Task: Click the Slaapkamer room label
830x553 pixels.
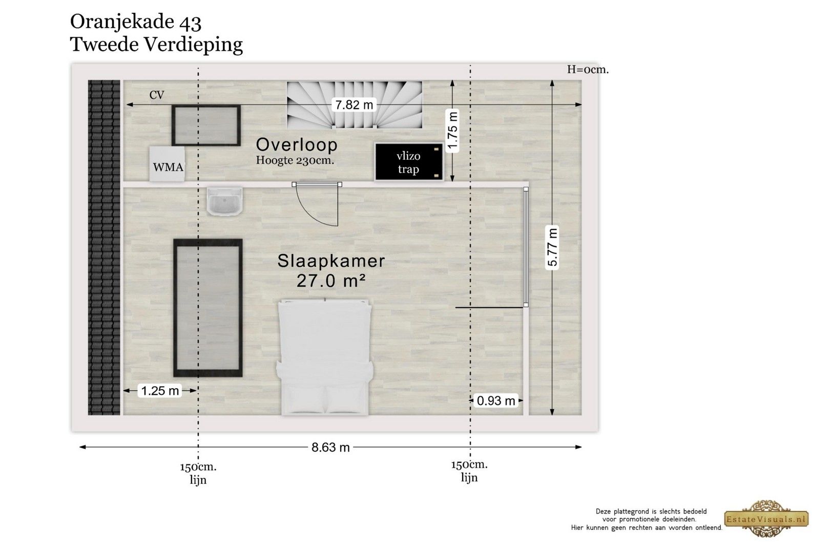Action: tap(331, 261)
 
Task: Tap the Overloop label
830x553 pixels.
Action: tap(297, 144)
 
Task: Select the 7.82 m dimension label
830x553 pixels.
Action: tap(354, 105)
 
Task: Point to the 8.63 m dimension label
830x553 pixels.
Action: tap(330, 448)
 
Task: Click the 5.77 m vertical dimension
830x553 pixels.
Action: tap(552, 246)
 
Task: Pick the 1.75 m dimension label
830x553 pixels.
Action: tap(452, 131)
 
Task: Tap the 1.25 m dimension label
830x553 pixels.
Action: tap(160, 391)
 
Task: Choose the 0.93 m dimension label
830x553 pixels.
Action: tap(496, 401)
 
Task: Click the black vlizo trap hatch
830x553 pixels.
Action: tap(409, 162)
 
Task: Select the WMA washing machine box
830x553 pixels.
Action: tap(167, 164)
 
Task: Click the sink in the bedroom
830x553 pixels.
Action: tap(224, 201)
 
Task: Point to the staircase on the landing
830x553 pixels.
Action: tap(355, 105)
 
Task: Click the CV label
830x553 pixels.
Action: tap(157, 95)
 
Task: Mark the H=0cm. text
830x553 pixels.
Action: tap(588, 70)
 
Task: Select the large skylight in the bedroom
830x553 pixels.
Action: tap(208, 308)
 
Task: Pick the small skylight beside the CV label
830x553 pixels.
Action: tap(206, 125)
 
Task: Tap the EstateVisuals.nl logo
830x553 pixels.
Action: tap(766, 519)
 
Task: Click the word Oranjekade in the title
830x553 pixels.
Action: tap(122, 22)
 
